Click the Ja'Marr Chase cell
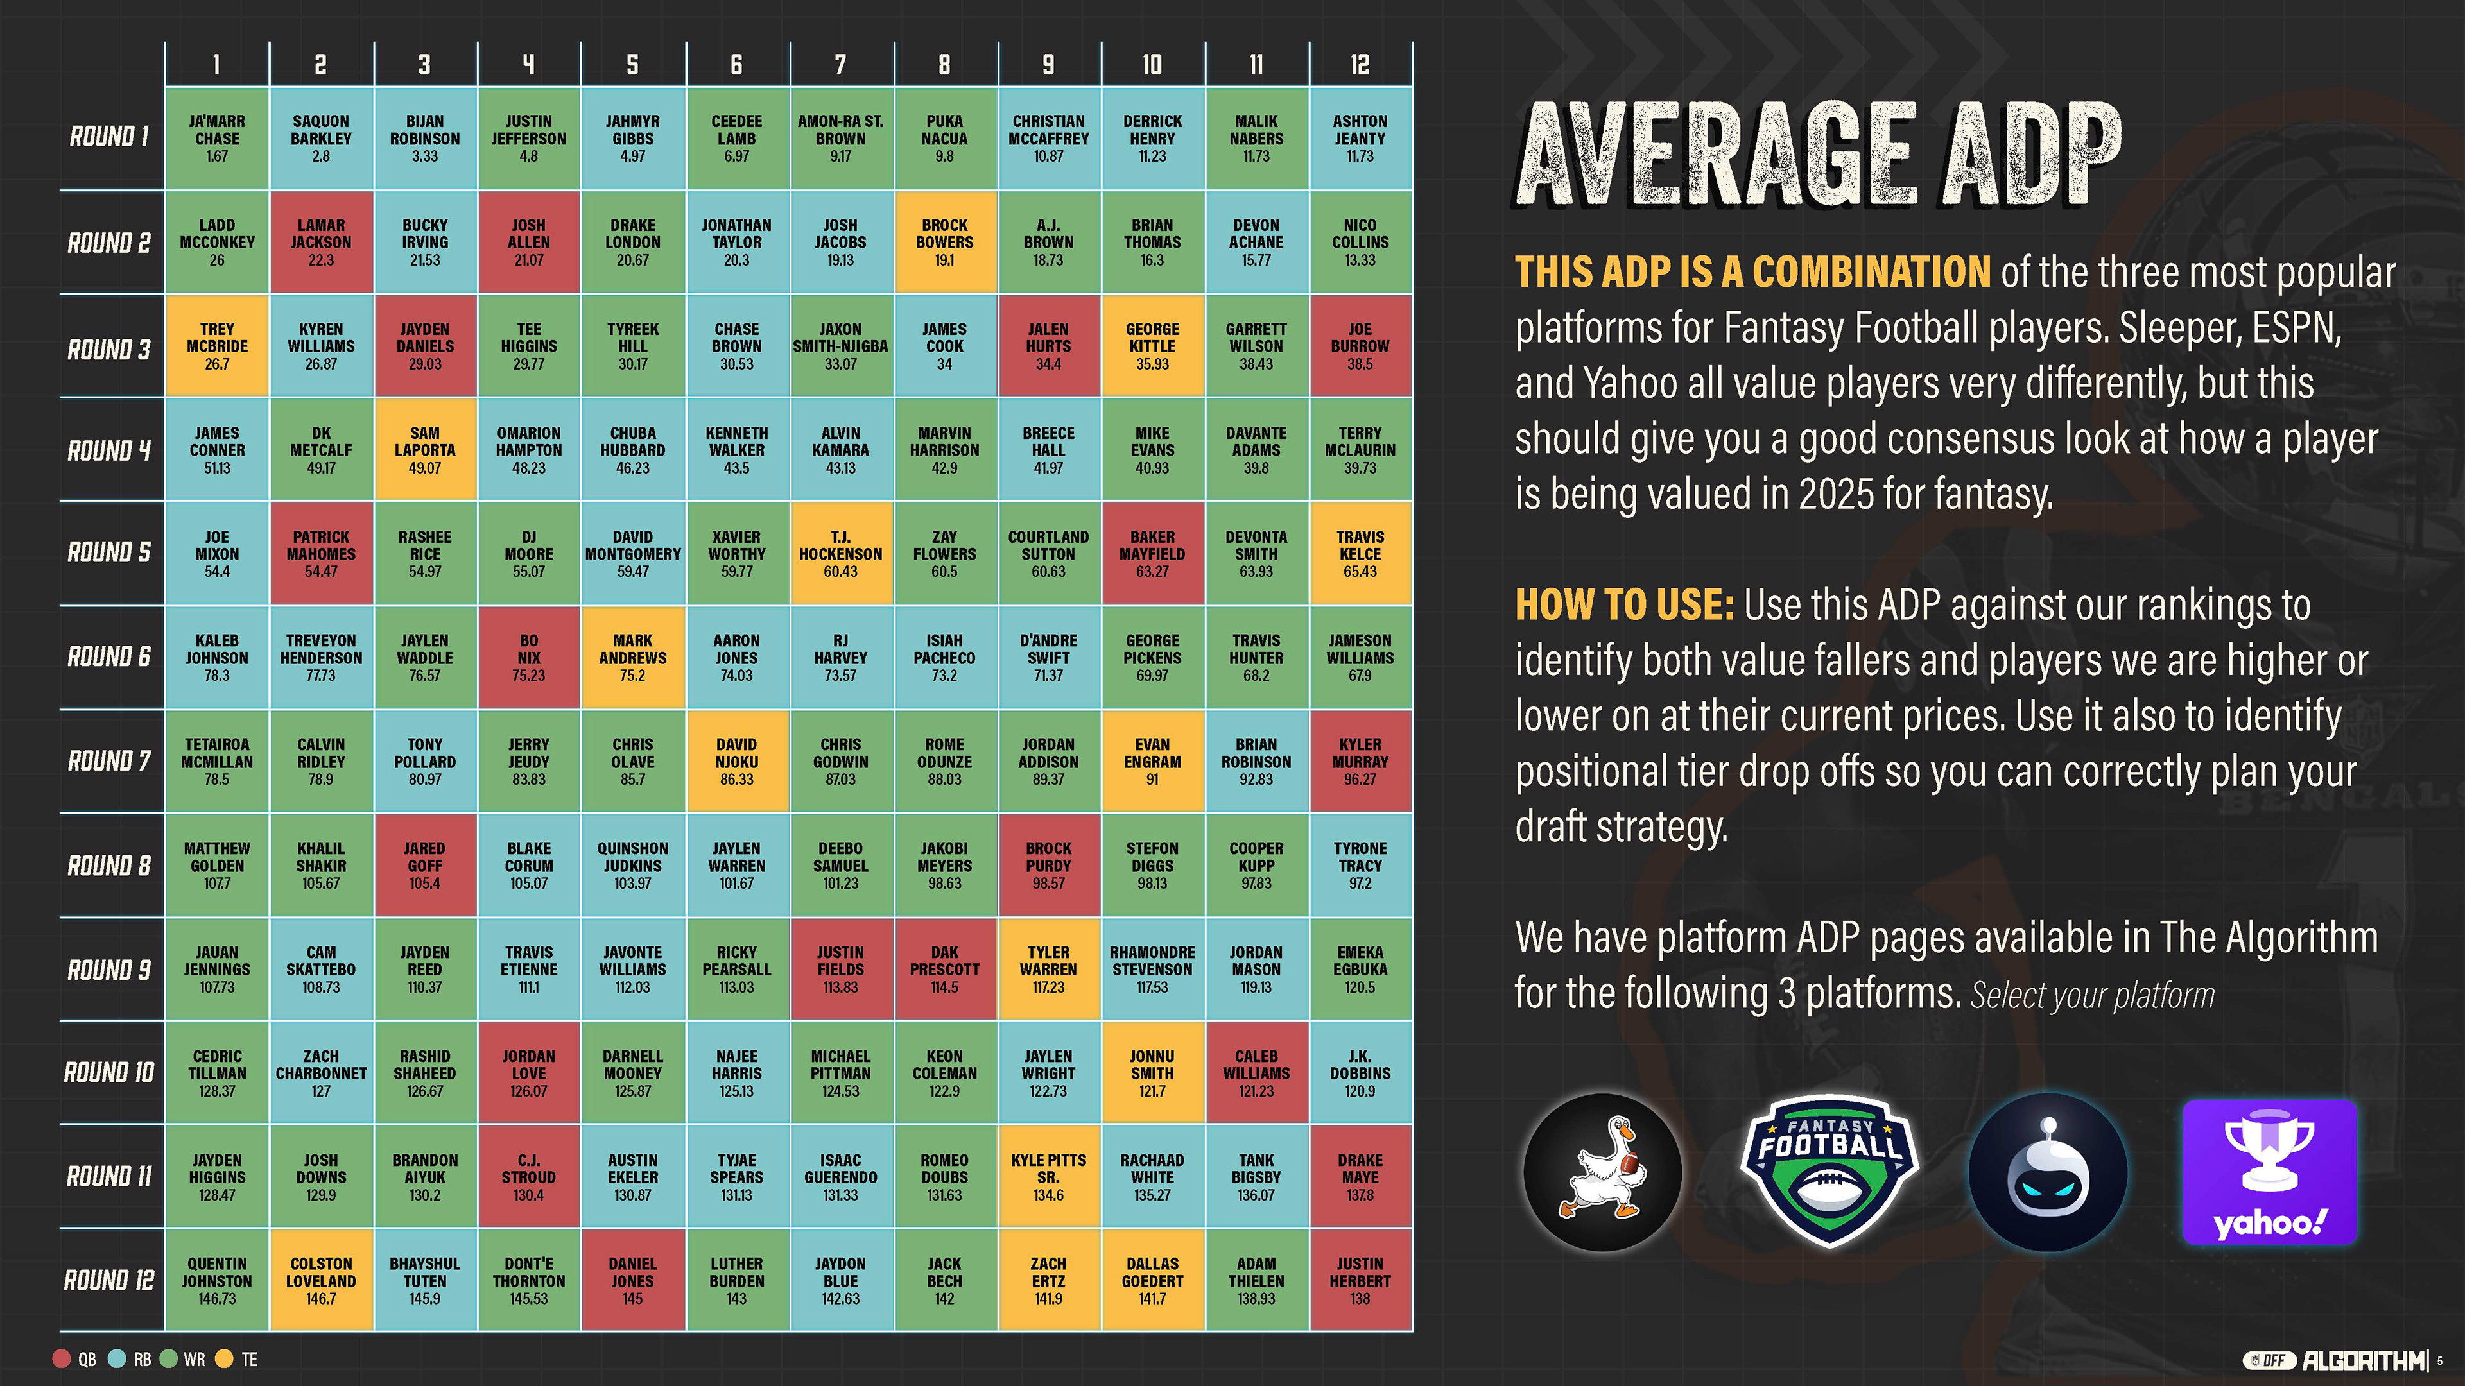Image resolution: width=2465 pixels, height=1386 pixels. [217, 139]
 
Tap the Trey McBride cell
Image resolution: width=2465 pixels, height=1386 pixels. [217, 346]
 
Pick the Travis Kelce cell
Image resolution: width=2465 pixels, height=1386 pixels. [1360, 554]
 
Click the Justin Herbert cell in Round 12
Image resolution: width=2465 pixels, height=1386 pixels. [1360, 1281]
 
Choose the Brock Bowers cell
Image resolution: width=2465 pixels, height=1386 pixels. [944, 242]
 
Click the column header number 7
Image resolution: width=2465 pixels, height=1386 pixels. [840, 64]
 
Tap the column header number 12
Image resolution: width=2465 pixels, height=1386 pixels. [1360, 64]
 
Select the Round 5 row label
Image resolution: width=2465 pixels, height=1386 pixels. [109, 553]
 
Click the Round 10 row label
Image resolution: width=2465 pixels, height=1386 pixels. [109, 1072]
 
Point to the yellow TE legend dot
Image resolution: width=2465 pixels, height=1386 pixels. [225, 1359]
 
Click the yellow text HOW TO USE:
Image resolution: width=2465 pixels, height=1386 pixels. [1624, 604]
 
